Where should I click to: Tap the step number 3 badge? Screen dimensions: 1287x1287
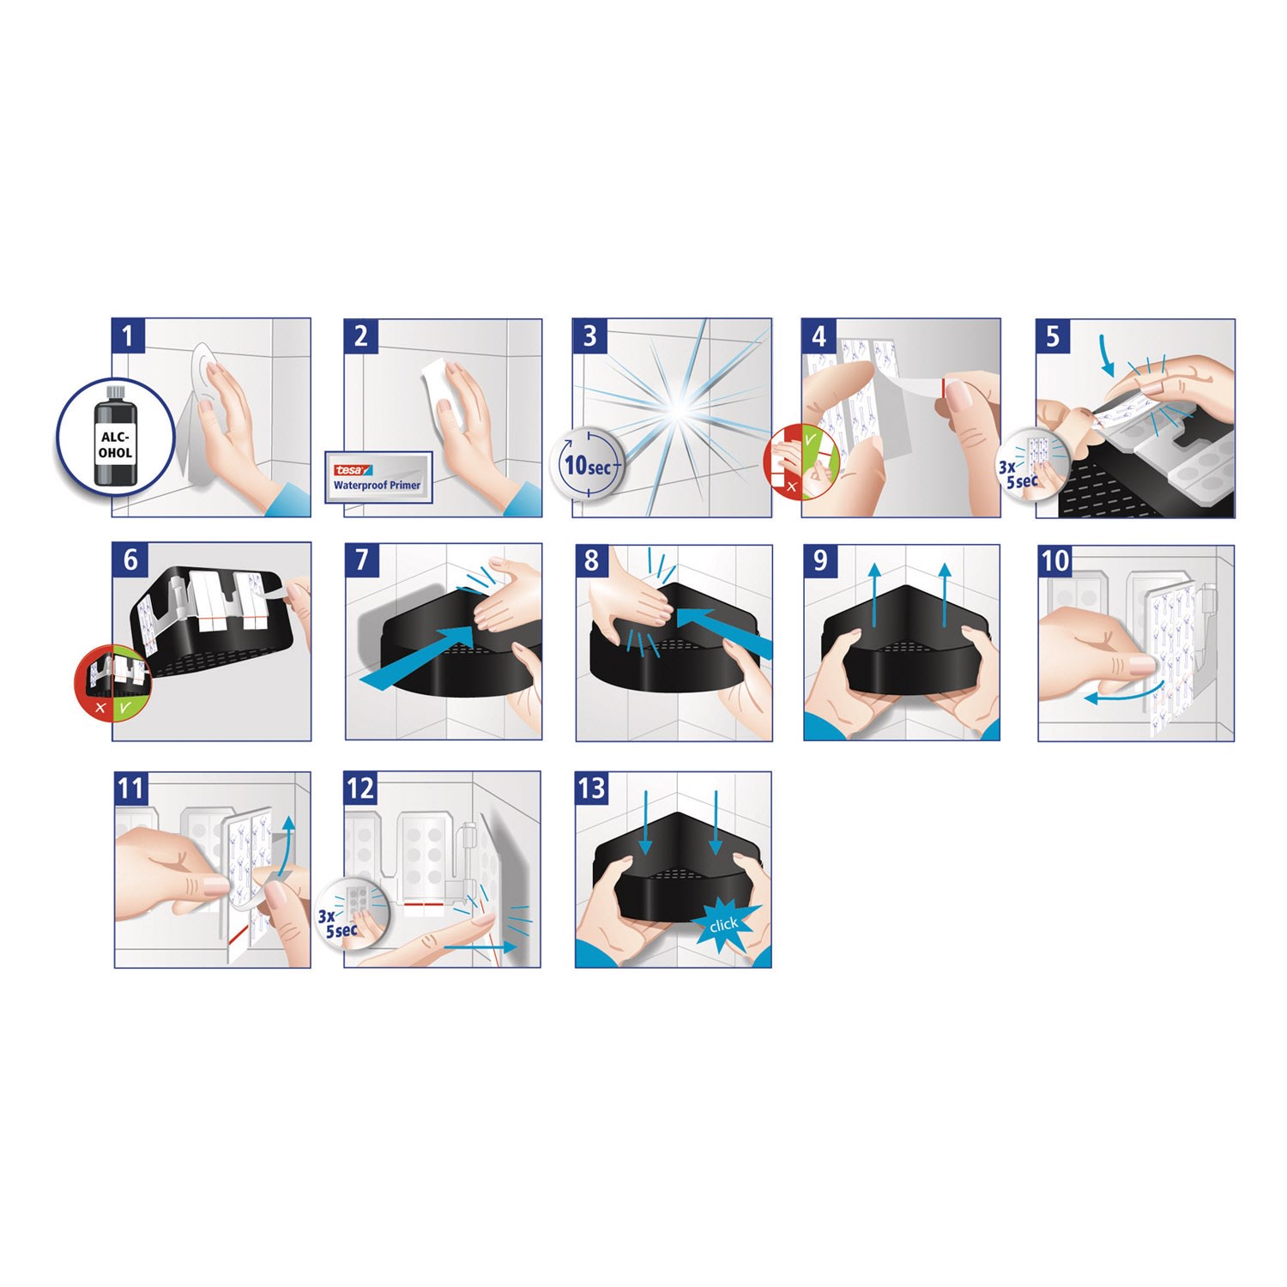tap(589, 335)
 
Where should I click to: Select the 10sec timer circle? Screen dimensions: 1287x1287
tap(587, 465)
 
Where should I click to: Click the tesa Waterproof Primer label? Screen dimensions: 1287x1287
tap(378, 476)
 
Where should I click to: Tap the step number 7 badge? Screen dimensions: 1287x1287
tap(361, 559)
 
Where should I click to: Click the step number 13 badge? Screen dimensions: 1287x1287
tap(591, 788)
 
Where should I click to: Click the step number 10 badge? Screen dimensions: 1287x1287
tap(1054, 560)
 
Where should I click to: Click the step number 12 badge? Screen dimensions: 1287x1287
tap(360, 788)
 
